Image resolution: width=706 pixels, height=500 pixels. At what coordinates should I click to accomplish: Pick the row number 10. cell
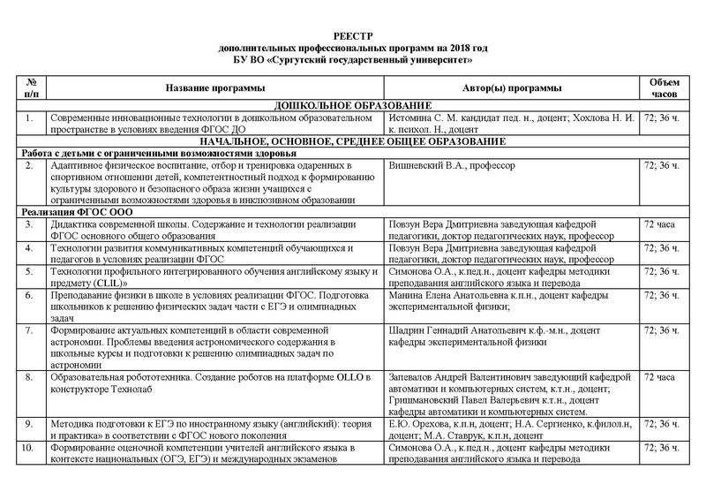tap(31, 449)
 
